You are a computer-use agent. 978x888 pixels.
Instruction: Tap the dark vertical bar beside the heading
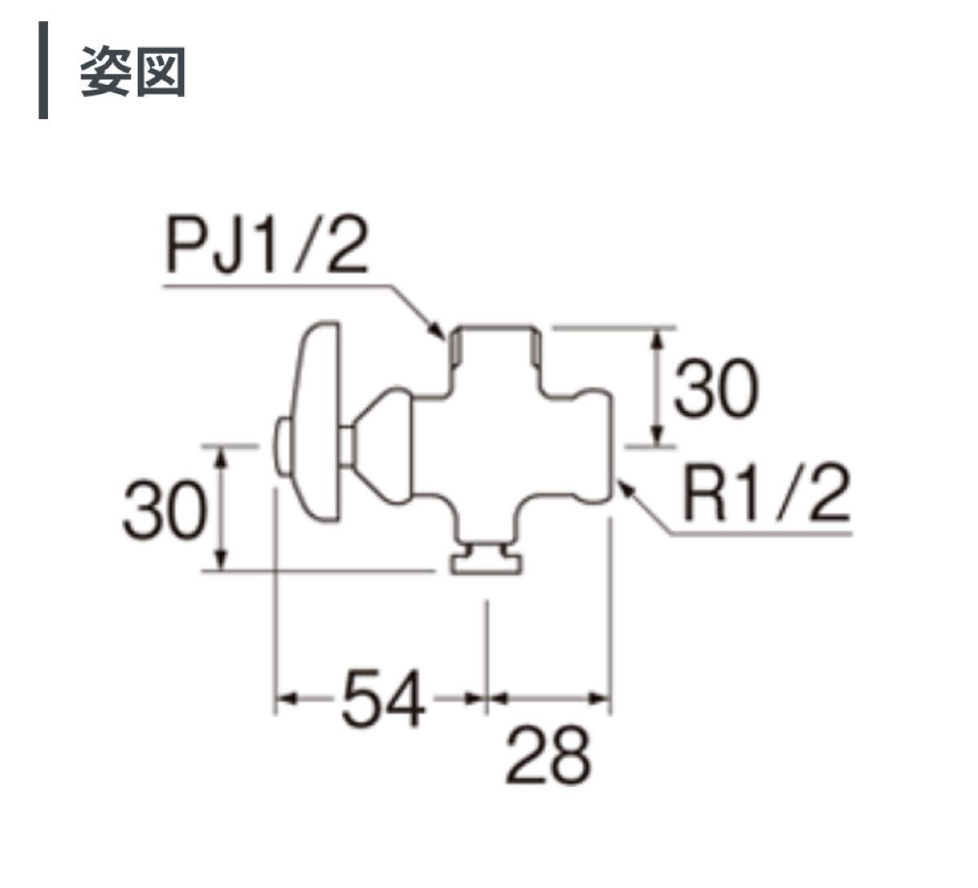tap(43, 72)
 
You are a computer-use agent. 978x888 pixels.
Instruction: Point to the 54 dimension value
tap(383, 698)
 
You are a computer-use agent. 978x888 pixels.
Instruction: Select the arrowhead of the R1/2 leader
tap(624, 487)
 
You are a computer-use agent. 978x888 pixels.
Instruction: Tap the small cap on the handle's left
tap(282, 448)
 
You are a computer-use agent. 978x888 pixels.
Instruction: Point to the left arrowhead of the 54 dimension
tap(284, 698)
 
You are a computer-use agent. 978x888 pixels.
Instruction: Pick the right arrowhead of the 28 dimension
tap(603, 698)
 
